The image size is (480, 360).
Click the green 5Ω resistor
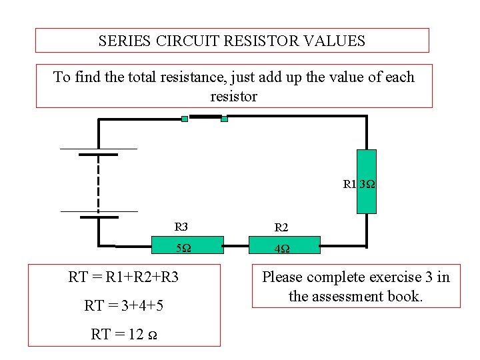[179, 245]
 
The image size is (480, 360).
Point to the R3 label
[181, 227]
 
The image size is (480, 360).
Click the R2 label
[281, 227]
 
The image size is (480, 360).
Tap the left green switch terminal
[185, 119]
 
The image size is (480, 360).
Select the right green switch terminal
[224, 119]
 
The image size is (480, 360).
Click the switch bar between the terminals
[205, 117]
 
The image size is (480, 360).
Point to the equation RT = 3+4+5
[124, 306]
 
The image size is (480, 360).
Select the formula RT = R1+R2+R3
[123, 277]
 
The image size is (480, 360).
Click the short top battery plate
[99, 155]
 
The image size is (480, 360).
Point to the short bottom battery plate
[99, 217]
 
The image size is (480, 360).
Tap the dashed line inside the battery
[99, 183]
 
